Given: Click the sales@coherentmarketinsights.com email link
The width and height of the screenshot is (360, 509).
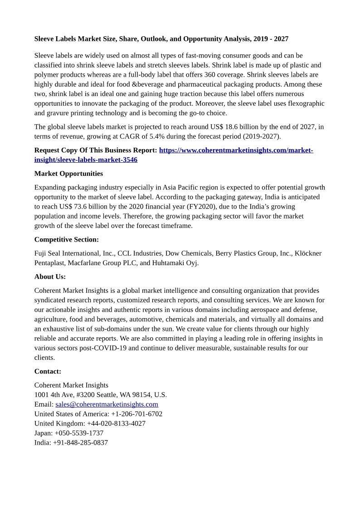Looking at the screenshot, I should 107,404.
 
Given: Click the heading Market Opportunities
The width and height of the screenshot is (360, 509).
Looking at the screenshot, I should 68,174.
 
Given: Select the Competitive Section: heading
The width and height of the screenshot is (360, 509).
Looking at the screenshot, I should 66,239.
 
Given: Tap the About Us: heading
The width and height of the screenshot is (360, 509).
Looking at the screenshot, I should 50,276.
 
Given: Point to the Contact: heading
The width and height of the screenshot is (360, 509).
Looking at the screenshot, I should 48,371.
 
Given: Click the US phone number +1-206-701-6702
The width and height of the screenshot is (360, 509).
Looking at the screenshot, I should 136,414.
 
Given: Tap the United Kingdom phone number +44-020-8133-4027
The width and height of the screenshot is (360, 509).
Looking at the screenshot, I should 116,423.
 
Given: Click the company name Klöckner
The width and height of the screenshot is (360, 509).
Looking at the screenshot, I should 308,253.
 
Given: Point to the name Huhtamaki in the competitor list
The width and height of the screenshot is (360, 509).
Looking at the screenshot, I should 166,263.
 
